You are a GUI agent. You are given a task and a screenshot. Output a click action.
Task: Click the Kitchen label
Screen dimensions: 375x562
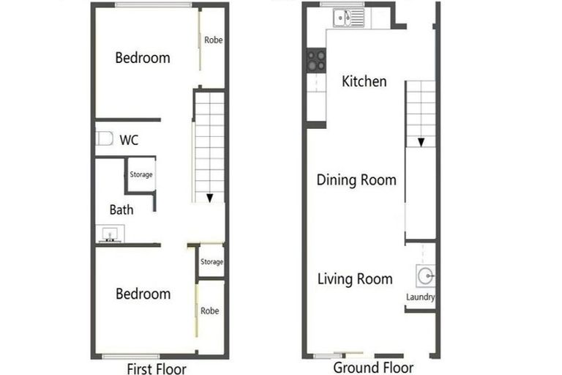point(364,81)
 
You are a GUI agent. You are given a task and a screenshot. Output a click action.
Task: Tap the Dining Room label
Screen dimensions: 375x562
point(356,180)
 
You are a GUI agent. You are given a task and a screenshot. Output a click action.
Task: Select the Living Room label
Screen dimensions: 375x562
point(355,279)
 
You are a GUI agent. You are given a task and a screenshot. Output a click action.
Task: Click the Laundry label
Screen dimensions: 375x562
point(421,297)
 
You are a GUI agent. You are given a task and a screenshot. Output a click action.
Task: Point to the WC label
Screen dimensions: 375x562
point(129,140)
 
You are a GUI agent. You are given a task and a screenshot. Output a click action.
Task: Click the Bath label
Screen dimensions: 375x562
point(121,210)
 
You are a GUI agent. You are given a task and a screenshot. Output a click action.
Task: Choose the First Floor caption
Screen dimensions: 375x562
point(157,368)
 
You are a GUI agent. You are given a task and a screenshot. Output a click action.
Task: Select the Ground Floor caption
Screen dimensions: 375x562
point(373,368)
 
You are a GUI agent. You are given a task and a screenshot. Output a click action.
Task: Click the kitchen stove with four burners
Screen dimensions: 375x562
point(317,61)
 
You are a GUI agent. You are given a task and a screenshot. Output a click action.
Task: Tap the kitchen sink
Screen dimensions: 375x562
point(342,18)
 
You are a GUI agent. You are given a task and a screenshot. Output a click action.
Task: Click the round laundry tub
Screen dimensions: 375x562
point(425,276)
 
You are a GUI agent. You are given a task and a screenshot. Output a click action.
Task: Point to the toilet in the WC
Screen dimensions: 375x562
point(104,138)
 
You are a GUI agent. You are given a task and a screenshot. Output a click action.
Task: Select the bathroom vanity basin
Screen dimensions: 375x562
point(110,234)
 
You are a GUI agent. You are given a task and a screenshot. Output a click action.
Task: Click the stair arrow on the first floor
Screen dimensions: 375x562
point(210,197)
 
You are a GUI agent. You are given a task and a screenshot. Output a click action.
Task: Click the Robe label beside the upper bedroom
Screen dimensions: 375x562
point(213,40)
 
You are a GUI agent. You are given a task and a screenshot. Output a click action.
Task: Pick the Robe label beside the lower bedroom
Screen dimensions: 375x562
point(210,311)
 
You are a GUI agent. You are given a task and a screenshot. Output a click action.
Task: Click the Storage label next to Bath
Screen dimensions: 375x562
point(141,174)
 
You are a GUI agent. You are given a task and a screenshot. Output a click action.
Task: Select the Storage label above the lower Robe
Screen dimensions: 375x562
point(211,261)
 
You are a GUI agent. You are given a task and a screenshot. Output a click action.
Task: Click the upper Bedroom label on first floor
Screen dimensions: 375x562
point(143,58)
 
